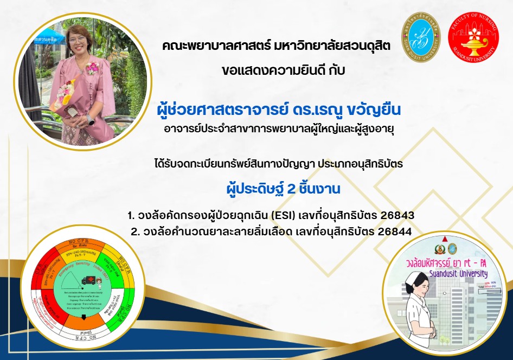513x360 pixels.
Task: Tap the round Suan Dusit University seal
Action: pos(421,36)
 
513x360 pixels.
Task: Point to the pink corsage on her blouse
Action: pos(92,69)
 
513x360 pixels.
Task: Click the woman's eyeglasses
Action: pos(78,40)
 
